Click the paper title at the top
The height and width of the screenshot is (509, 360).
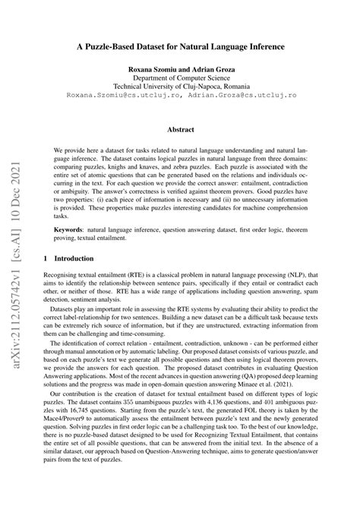pos(180,46)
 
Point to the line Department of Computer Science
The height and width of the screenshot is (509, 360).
pos(180,78)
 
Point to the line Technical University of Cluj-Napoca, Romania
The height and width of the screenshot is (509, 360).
pos(180,87)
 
